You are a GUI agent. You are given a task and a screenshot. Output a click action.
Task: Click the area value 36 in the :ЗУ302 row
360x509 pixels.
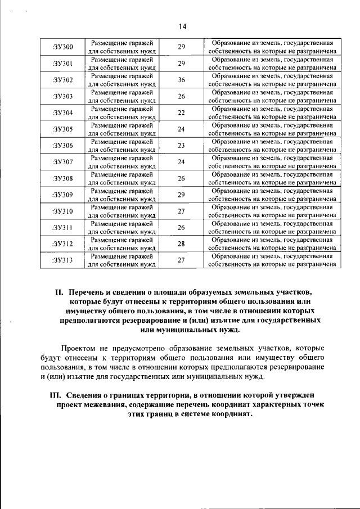coord(182,80)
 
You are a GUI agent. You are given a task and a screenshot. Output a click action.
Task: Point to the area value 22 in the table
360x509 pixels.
coord(182,112)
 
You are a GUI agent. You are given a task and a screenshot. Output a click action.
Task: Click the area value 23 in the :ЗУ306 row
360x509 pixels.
coord(182,146)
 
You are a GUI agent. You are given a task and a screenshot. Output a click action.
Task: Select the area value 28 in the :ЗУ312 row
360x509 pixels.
coord(182,244)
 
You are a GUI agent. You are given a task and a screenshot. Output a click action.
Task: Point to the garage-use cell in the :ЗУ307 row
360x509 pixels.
coord(123,162)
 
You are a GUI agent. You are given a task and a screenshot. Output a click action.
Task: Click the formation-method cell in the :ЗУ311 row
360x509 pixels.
coord(272,227)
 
